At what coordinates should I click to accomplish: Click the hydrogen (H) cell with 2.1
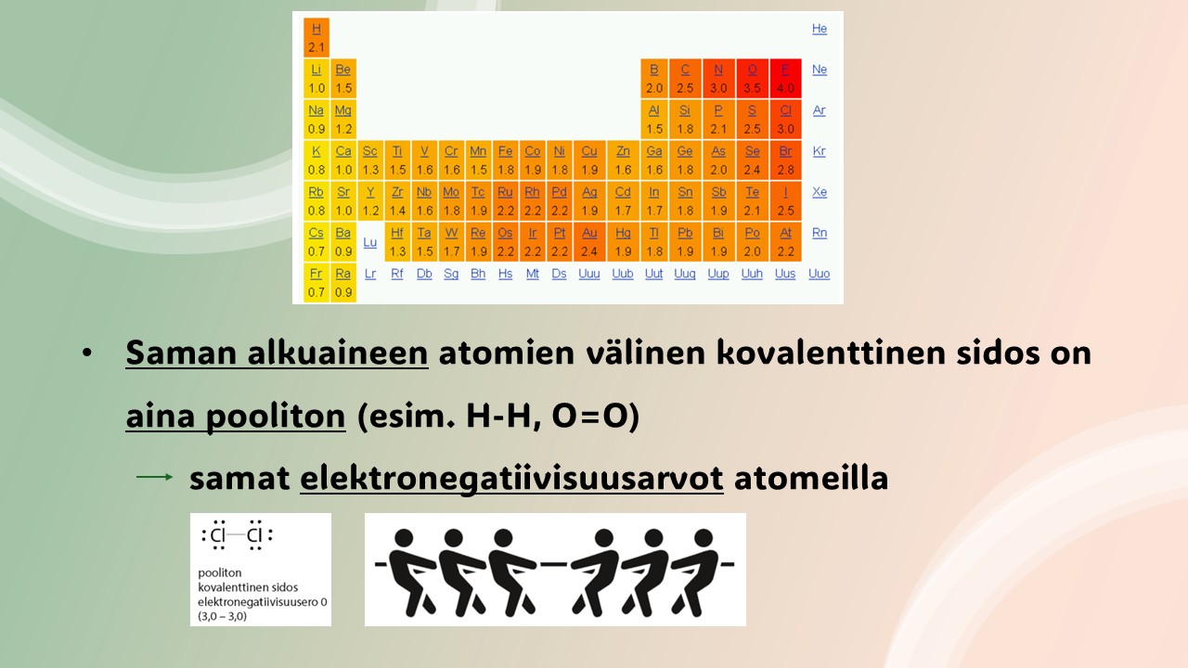(316, 37)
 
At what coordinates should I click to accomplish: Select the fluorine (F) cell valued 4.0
(785, 79)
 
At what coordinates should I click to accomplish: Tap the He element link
(820, 29)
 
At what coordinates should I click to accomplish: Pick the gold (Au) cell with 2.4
(589, 242)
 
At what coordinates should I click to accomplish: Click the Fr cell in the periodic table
(316, 283)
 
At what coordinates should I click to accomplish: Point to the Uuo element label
(819, 274)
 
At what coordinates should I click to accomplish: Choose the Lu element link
(370, 242)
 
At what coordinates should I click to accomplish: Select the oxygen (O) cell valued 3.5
(752, 79)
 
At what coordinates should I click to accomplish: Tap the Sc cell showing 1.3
(370, 161)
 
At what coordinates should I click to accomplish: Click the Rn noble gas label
(820, 233)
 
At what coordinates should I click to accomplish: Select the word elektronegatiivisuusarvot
(511, 479)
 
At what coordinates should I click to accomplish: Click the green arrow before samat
(155, 477)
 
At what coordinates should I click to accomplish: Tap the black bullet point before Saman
(87, 353)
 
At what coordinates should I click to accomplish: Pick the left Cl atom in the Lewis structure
(218, 535)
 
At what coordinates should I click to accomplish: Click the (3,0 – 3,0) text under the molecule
(222, 616)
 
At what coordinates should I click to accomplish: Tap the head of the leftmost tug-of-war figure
(404, 537)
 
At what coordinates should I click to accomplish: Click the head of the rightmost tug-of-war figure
(704, 537)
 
